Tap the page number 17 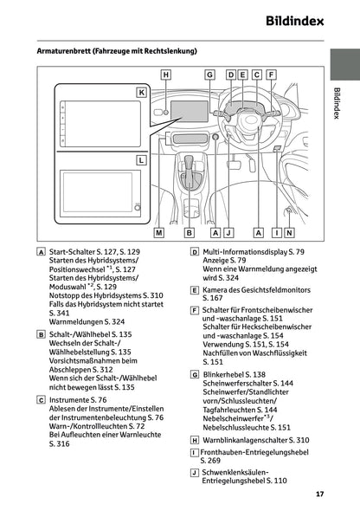tap(319, 495)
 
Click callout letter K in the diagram tap(140, 91)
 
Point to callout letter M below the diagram tap(158, 232)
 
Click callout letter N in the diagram tap(288, 232)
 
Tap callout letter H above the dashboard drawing tap(165, 74)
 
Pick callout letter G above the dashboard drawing tap(209, 74)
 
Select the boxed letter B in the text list tap(42, 334)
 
